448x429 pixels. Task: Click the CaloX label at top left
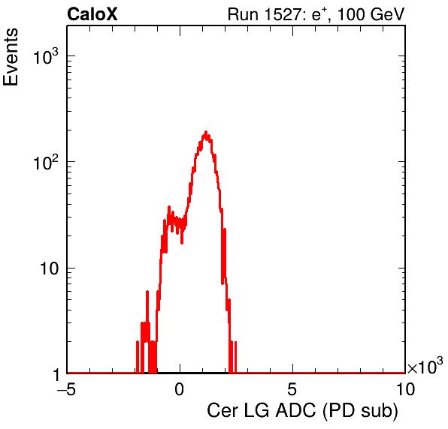92,14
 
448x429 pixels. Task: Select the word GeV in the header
387,14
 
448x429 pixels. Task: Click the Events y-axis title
11,57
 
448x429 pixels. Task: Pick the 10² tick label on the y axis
45,162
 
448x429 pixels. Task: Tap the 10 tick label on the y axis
49,268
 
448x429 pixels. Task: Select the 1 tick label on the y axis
56,375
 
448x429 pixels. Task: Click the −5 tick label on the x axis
67,389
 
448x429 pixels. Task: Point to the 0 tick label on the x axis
180,389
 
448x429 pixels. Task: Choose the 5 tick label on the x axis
292,389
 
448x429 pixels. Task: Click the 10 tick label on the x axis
405,389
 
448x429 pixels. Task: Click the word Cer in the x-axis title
222,411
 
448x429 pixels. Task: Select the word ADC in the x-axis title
295,411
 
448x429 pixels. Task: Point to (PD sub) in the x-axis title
361,411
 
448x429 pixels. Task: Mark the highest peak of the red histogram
206,132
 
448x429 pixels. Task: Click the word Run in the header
243,14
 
